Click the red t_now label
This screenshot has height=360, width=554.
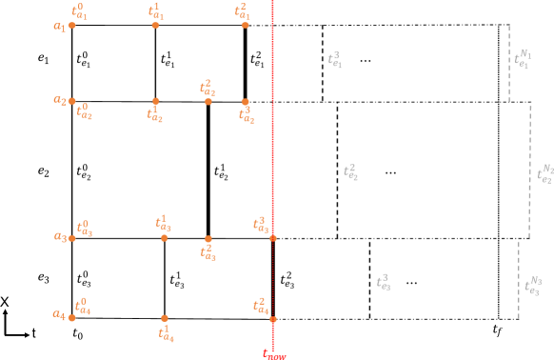pos(274,354)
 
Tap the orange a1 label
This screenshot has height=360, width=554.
pos(59,27)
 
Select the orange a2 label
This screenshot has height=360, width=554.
pos(59,100)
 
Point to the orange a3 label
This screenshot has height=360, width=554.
pos(59,237)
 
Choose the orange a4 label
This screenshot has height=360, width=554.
pos(58,314)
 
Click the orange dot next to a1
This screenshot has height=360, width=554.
pos(72,26)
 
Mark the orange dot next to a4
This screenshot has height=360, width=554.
pos(72,317)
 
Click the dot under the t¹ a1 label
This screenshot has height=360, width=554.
pos(155,26)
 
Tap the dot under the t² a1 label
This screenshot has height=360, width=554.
pos(245,26)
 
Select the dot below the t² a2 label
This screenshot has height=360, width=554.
pos(208,102)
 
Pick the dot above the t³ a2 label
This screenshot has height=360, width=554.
pos(245,102)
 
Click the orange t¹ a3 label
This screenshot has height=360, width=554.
pos(164,224)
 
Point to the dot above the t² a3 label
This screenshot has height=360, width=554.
pos(208,239)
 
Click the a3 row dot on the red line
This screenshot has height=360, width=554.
pos(272,238)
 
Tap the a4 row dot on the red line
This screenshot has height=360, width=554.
pos(272,319)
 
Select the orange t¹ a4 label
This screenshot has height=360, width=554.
pos(166,333)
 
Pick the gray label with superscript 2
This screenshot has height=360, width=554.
pos(350,172)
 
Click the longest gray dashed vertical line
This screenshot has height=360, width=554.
pos(530,170)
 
